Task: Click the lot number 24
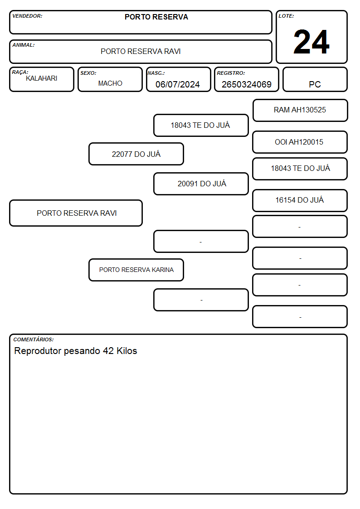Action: pyautogui.click(x=311, y=42)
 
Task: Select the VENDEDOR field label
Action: pyautogui.click(x=27, y=16)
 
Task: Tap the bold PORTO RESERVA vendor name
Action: pyautogui.click(x=156, y=17)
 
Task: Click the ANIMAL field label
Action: pyautogui.click(x=24, y=45)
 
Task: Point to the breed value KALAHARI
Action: pyautogui.click(x=42, y=78)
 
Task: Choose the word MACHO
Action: pyautogui.click(x=110, y=83)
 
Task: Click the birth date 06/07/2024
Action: pyautogui.click(x=178, y=84)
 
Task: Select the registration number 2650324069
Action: pyautogui.click(x=246, y=84)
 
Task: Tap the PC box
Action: pyautogui.click(x=315, y=79)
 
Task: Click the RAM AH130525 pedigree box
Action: pyautogui.click(x=300, y=111)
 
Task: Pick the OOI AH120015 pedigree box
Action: pyautogui.click(x=300, y=142)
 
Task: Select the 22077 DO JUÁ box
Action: pyautogui.click(x=136, y=154)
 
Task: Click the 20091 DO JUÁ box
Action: pyautogui.click(x=201, y=184)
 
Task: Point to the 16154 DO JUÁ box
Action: pyautogui.click(x=300, y=200)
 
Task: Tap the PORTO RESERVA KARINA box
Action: pyautogui.click(x=136, y=270)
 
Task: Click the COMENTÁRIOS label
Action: pyautogui.click(x=34, y=339)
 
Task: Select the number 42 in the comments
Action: pyautogui.click(x=108, y=351)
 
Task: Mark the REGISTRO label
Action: pyautogui.click(x=231, y=73)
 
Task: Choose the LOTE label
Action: pyautogui.click(x=286, y=16)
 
